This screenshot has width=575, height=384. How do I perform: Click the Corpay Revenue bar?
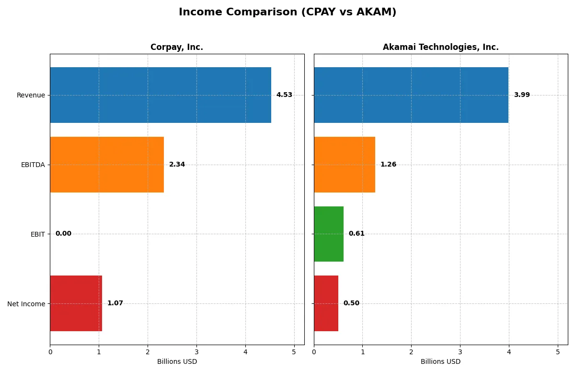coord(161,95)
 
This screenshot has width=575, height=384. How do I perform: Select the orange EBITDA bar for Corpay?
coord(107,165)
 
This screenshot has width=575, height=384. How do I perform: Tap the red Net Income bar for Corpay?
coord(76,303)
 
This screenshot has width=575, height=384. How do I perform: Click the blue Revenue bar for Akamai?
coord(411,95)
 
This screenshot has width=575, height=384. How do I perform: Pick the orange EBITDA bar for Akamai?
coord(345,165)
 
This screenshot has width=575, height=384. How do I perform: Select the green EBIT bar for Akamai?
coord(329,234)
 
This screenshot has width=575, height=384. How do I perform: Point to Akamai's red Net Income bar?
coord(326,303)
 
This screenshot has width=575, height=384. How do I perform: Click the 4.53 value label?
coord(284,95)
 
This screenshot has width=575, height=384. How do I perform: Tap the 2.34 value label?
coord(177,165)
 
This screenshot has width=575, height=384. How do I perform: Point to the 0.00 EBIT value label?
coord(63,234)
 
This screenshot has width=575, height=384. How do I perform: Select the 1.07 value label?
coord(115,303)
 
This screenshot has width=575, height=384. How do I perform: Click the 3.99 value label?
coord(522,95)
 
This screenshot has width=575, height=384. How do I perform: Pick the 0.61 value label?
coord(356,234)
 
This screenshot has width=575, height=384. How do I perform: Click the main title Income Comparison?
coord(287,12)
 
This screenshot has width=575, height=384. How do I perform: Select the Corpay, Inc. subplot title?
coord(177,47)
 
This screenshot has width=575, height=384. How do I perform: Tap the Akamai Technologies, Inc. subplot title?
coord(440,47)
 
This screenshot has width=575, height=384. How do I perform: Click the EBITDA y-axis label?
coord(33,165)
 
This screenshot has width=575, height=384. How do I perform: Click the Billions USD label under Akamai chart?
coord(440,361)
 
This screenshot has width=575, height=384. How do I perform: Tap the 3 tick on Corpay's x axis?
coord(196,352)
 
